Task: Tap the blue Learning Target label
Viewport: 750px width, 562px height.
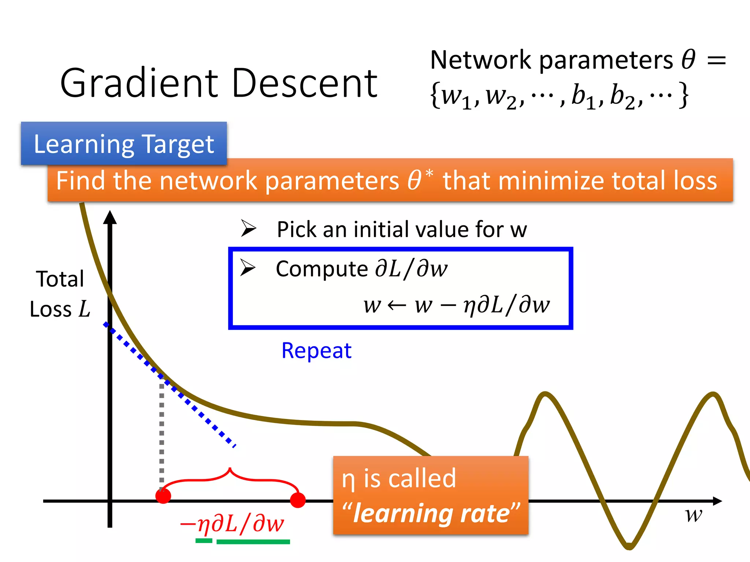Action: (x=124, y=144)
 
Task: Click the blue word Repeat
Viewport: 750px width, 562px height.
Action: (x=316, y=351)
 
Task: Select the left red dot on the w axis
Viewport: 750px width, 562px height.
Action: (x=163, y=496)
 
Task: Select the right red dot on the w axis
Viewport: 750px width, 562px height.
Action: (x=298, y=500)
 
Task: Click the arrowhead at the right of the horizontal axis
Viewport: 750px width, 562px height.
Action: (x=717, y=501)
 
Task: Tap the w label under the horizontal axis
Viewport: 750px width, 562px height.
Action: (x=693, y=515)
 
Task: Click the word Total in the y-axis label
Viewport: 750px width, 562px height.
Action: (x=60, y=279)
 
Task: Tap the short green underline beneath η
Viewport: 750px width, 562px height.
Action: (x=204, y=541)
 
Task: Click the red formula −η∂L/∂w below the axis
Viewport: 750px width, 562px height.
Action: (x=232, y=524)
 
